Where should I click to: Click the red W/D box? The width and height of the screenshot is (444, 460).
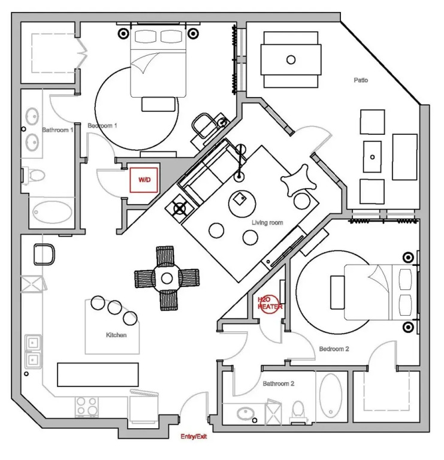(144, 180)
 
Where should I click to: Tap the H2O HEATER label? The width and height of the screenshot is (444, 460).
(269, 302)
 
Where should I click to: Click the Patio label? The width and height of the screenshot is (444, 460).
(360, 80)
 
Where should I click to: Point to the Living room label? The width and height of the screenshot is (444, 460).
(267, 223)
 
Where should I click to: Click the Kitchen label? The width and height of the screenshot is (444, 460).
(116, 335)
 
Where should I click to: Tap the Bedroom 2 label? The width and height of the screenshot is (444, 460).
(334, 349)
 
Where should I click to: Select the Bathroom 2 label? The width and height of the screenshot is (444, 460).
(278, 383)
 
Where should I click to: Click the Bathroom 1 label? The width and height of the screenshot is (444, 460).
(58, 129)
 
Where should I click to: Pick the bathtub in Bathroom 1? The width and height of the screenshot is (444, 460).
(50, 212)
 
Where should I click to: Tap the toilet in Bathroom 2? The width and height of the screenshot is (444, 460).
(298, 410)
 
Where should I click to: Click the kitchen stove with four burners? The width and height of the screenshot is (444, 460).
(87, 407)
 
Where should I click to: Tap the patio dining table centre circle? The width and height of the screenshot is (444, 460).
(291, 59)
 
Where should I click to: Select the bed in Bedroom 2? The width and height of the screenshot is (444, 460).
(375, 292)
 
